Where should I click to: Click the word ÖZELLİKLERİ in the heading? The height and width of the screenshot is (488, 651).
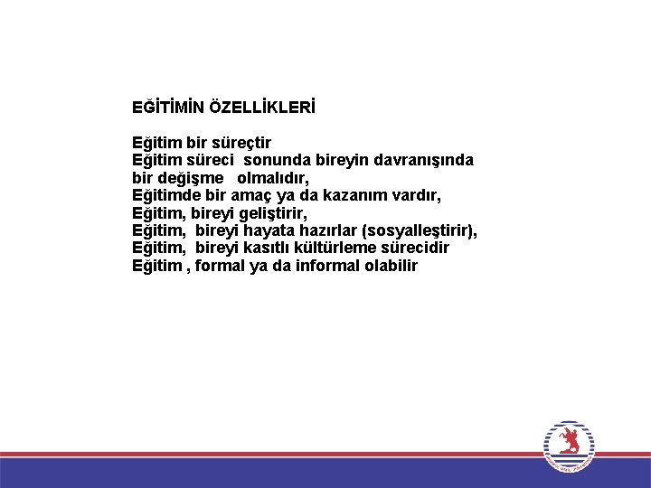[x=263, y=108]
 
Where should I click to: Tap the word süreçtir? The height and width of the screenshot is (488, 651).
[x=241, y=143]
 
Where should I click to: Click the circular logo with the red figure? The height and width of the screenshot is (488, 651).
[x=570, y=446]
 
